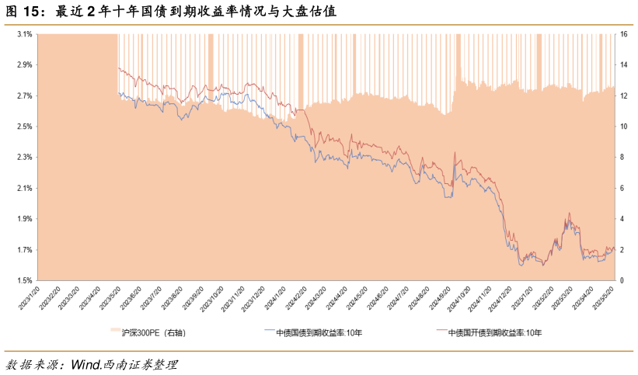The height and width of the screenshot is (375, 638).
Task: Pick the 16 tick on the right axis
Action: point(623,34)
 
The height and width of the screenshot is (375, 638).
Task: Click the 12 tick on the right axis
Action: point(623,96)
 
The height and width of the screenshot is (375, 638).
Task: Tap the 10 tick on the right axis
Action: point(623,127)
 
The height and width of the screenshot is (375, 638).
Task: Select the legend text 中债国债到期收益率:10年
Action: point(319,333)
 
